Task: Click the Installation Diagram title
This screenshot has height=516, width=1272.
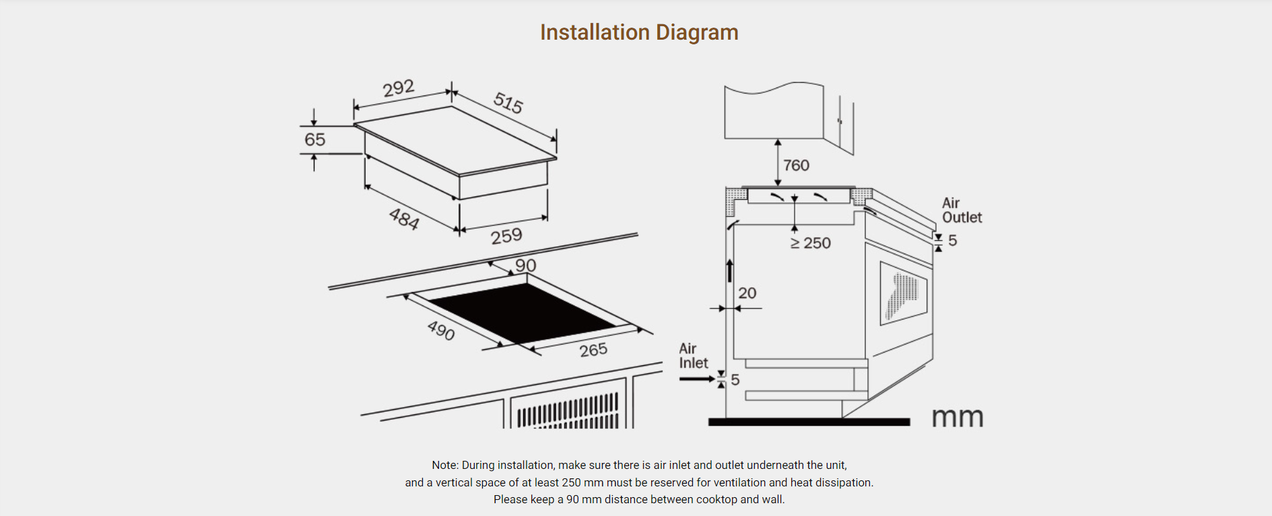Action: pos(639,32)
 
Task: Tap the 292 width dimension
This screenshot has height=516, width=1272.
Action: pos(398,88)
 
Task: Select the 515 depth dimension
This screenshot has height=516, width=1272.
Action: pos(508,102)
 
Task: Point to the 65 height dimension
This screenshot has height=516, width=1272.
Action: pos(314,139)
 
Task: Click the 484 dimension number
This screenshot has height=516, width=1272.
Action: pos(404,219)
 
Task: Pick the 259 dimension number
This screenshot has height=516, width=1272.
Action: pos(506,235)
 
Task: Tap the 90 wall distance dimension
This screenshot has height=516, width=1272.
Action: pos(525,265)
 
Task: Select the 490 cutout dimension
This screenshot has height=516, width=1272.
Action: pos(441,330)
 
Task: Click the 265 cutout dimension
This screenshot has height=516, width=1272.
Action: pos(593,350)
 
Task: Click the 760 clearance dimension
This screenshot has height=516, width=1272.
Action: pos(796,165)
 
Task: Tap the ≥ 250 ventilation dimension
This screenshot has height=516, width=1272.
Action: pos(811,243)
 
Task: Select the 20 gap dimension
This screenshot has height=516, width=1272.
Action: pos(747,293)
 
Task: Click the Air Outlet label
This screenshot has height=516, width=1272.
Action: pos(962,211)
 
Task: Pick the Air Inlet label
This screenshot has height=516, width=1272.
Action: pos(693,356)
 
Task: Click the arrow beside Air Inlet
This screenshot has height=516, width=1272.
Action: pos(696,379)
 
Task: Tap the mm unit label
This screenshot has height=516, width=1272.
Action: pos(957,418)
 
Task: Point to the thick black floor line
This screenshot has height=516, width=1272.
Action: pos(809,422)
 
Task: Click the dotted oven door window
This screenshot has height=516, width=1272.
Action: pos(903,295)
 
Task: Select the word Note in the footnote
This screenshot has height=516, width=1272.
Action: pos(444,465)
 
